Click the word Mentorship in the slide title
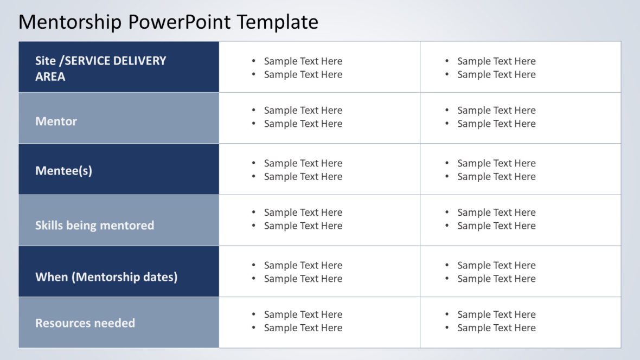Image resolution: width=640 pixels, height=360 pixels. (71, 22)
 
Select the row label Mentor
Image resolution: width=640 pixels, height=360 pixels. (56, 121)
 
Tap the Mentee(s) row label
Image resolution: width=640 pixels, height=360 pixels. (63, 171)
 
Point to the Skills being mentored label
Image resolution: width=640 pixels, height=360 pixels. (94, 226)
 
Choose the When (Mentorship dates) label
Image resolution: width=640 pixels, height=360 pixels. (106, 277)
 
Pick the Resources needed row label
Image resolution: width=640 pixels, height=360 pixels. (85, 323)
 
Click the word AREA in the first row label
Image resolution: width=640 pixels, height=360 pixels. (50, 77)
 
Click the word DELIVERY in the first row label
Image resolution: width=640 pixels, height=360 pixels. (139, 61)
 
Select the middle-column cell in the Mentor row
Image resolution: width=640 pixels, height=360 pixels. (319, 118)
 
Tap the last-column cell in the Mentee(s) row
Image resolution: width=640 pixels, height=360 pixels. (520, 169)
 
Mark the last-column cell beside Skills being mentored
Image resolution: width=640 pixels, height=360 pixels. (520, 220)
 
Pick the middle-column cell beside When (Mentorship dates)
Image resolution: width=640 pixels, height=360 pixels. (319, 271)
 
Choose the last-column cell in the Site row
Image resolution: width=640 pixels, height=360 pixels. (520, 67)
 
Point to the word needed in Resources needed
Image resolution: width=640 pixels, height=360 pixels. (116, 323)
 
